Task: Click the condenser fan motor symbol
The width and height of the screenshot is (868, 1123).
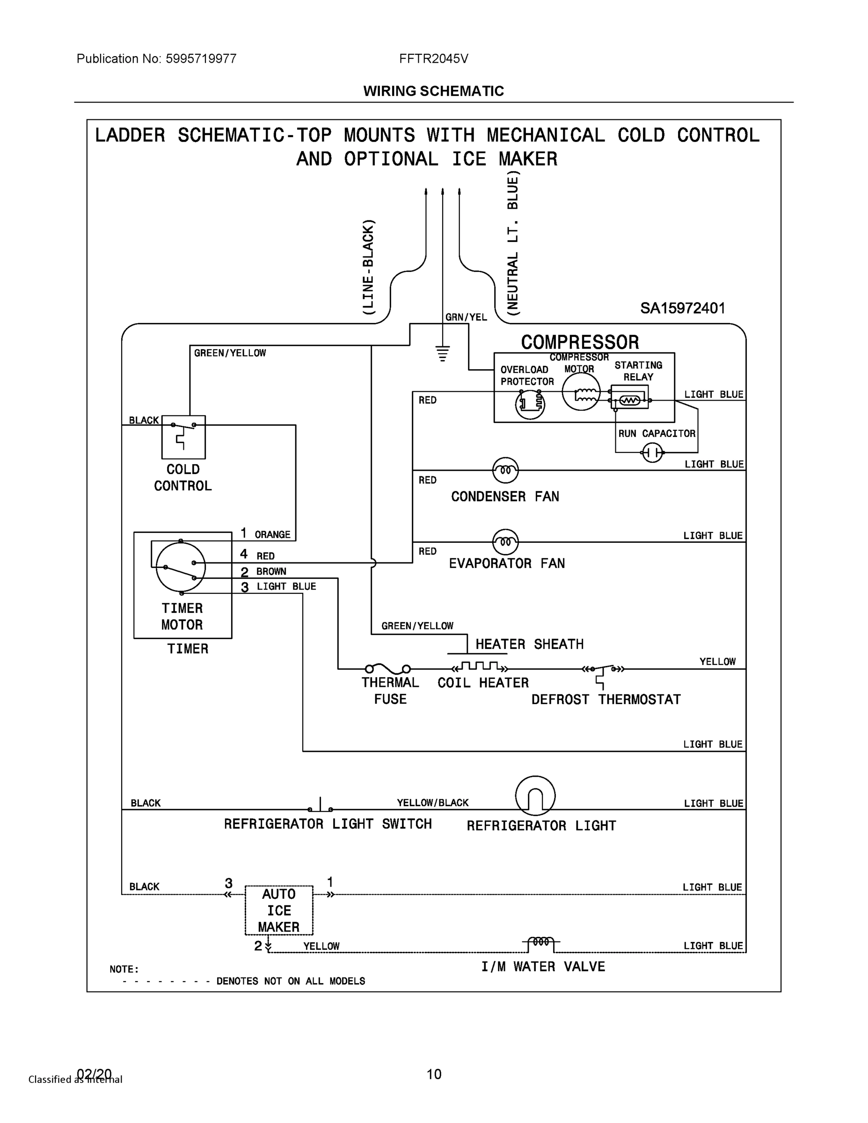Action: click(x=505, y=470)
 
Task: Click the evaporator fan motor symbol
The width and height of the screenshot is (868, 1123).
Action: click(x=505, y=541)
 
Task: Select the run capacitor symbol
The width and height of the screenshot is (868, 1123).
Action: click(x=653, y=452)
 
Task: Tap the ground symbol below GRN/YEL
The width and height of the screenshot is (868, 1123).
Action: click(x=442, y=354)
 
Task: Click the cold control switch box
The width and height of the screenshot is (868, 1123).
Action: click(x=183, y=437)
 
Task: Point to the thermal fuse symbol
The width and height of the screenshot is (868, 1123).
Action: click(x=388, y=669)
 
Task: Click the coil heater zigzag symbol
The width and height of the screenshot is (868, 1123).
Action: click(x=480, y=667)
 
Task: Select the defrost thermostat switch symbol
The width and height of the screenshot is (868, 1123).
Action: click(x=603, y=674)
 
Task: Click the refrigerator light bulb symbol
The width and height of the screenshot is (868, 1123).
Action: click(x=535, y=795)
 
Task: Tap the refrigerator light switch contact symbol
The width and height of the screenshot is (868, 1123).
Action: click(x=321, y=805)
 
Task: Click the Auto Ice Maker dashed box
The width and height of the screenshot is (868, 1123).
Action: click(x=279, y=910)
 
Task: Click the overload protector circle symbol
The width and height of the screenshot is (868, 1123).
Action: click(x=530, y=404)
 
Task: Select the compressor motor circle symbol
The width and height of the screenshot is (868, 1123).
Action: click(x=581, y=391)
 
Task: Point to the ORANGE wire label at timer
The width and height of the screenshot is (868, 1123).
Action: click(x=272, y=535)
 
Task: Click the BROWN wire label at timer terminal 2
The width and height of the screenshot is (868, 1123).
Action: click(x=271, y=571)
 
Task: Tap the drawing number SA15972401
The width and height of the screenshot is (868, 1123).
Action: click(x=682, y=308)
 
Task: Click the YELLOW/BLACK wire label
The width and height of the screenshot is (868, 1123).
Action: click(x=432, y=802)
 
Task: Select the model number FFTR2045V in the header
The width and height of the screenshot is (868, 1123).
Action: click(x=433, y=58)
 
